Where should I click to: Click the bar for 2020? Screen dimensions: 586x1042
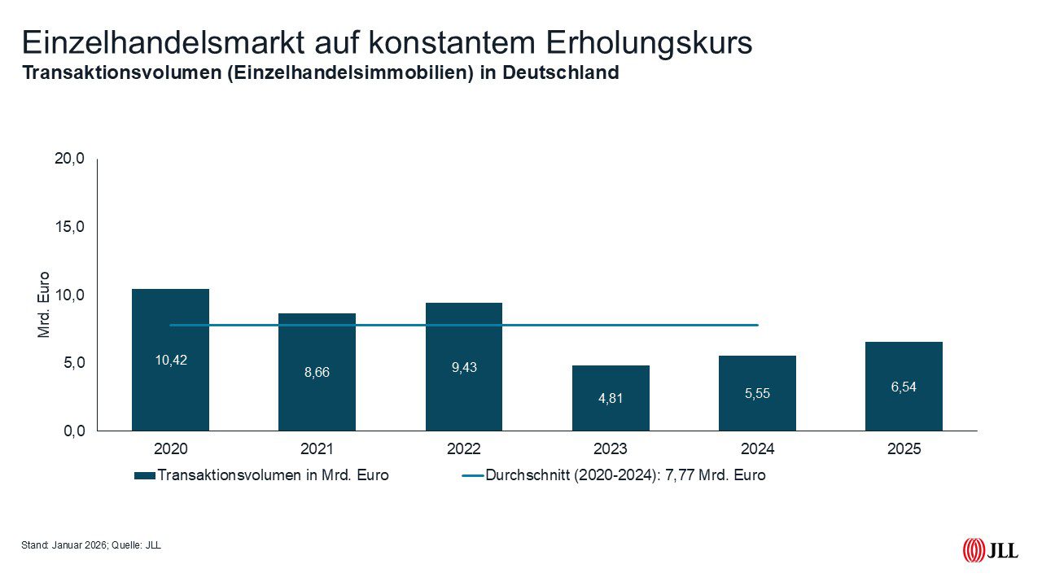click(170, 391)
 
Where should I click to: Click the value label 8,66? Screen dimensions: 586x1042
click(317, 372)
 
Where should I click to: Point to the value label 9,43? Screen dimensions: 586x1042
click(463, 367)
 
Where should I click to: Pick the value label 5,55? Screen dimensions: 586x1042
click(757, 393)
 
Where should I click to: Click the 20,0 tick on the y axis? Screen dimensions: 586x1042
click(69, 159)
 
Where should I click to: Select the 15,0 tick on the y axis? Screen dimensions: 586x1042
click(69, 226)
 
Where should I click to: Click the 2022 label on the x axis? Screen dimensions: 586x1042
click(463, 449)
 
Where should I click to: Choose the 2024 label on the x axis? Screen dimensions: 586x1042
click(757, 449)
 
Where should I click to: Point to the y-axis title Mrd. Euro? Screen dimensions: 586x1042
click(44, 304)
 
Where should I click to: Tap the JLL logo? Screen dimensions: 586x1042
click(990, 551)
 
